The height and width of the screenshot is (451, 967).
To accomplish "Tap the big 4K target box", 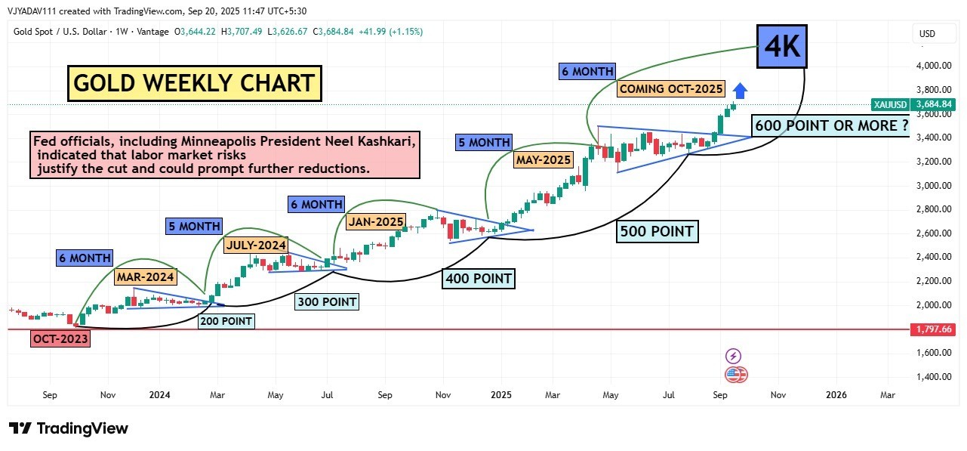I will (x=783, y=47).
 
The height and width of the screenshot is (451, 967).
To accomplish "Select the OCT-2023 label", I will (x=60, y=339).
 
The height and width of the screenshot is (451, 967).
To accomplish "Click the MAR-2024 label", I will (x=145, y=276).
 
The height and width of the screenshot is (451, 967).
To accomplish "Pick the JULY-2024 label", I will (x=256, y=245).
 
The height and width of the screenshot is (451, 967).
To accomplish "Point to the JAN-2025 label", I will (x=376, y=222).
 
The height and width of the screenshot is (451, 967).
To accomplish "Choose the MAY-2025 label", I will (x=544, y=159).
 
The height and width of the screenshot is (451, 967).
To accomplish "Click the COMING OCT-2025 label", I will (x=671, y=88).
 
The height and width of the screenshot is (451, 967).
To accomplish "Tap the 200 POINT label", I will (x=226, y=321).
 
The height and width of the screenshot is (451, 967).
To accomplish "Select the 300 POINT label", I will (x=326, y=302).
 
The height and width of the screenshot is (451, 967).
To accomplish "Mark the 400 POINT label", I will (x=479, y=279).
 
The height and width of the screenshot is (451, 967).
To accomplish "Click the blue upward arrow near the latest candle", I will (x=741, y=91).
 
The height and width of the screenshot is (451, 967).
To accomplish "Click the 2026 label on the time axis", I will (x=836, y=394).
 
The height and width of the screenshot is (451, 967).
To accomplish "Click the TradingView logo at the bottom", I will (x=69, y=428).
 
